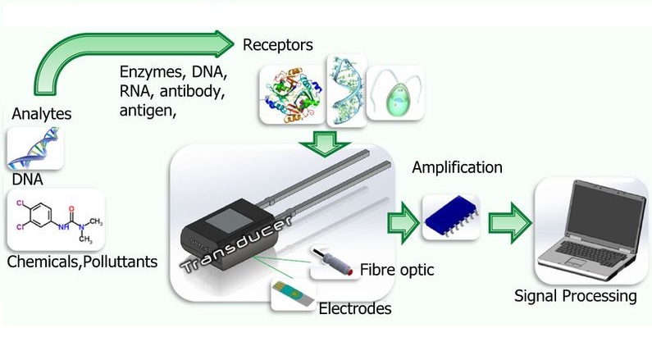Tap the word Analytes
tap(41, 114)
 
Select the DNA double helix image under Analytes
tap(35, 148)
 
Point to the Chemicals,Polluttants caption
tap(81, 262)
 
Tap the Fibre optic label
tap(396, 270)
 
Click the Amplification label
tap(457, 168)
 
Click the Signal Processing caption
tap(575, 296)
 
